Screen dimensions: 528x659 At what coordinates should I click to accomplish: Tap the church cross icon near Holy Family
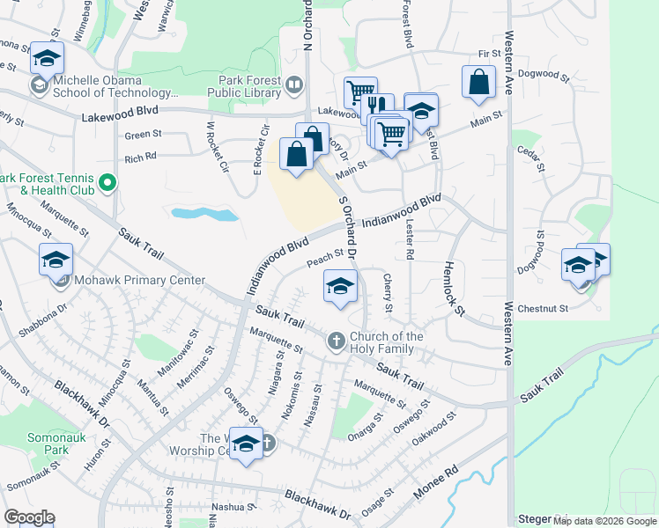[335, 340]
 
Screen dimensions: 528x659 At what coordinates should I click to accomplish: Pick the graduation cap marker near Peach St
[340, 287]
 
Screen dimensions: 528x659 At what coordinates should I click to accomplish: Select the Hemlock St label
[453, 289]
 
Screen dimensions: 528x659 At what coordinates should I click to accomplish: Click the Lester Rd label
[410, 239]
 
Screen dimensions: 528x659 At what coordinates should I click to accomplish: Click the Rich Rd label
[141, 158]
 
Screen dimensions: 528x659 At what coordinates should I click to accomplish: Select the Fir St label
[489, 54]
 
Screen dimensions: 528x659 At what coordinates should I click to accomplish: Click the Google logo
[29, 517]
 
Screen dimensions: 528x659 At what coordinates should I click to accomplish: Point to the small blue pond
[205, 214]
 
